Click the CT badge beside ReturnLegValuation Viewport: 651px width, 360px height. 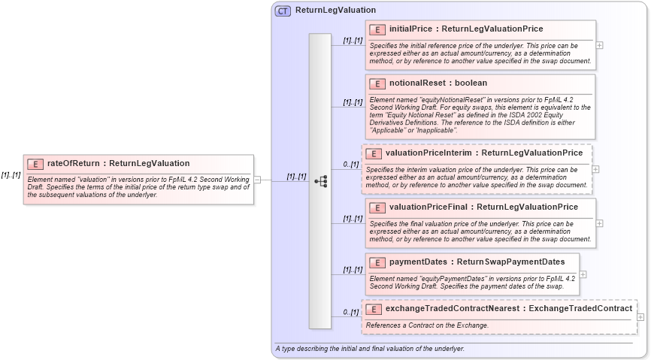click(x=283, y=11)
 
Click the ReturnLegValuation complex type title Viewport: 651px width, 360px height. click(x=335, y=11)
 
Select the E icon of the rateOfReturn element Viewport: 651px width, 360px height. click(x=35, y=163)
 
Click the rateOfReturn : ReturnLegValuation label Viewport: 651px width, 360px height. click(x=118, y=163)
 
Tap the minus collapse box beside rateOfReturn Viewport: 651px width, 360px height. click(x=257, y=180)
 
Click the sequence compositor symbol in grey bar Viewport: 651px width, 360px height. click(x=320, y=181)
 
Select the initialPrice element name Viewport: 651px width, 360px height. click(x=410, y=29)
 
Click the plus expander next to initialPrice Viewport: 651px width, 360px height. click(x=599, y=44)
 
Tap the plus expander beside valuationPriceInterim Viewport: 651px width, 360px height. click(x=596, y=169)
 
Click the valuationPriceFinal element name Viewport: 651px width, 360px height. click(x=431, y=207)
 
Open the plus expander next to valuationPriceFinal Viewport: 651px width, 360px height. click(x=599, y=222)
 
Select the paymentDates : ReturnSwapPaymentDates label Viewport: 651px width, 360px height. click(x=477, y=262)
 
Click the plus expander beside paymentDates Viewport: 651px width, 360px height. click(x=583, y=274)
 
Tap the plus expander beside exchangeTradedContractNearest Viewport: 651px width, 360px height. click(x=640, y=317)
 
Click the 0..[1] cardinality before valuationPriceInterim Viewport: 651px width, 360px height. click(x=350, y=164)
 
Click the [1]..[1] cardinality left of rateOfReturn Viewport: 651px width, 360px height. click(x=11, y=175)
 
